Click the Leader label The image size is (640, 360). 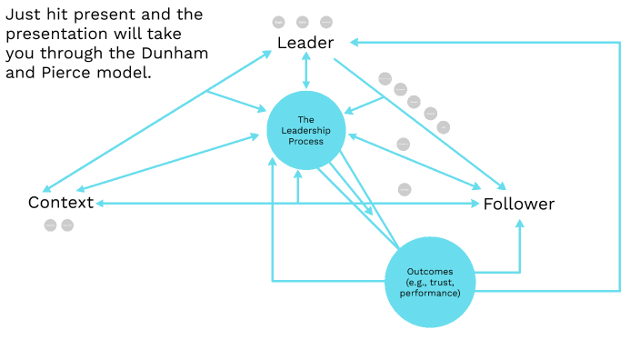[305, 43]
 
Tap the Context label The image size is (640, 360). [61, 202]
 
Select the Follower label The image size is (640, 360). [518, 204]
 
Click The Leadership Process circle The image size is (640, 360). [305, 130]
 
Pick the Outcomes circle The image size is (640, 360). [433, 282]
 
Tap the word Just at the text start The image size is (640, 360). [25, 15]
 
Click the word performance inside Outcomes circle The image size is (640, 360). [433, 293]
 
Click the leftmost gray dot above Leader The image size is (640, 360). [280, 22]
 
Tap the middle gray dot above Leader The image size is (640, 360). [304, 22]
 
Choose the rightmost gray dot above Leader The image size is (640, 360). [326, 22]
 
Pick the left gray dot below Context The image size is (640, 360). [50, 225]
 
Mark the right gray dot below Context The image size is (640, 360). [67, 225]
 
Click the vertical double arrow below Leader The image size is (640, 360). [305, 70]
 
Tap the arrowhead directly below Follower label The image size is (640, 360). [520, 222]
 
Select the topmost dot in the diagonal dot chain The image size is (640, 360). [385, 78]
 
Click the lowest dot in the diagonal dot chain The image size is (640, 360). [444, 127]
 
